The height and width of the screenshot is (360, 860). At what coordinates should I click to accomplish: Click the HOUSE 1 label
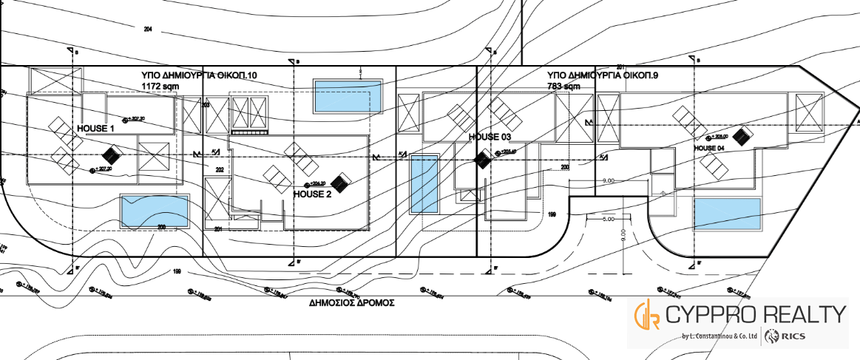tap(96, 128)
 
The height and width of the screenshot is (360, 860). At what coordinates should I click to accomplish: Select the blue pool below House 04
tap(727, 214)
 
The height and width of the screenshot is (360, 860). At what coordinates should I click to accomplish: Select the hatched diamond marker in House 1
tap(111, 155)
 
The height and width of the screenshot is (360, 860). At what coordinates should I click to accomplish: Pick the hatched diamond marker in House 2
tap(341, 182)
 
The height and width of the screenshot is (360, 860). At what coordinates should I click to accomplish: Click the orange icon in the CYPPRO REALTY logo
tap(647, 316)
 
